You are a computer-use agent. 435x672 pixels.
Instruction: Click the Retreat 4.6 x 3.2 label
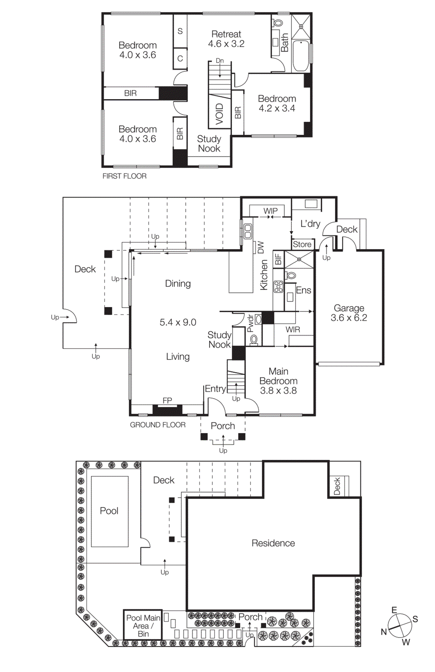(x=226, y=39)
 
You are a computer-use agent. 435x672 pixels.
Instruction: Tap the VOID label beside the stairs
(x=219, y=114)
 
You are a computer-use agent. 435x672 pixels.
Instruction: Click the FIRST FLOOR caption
(x=124, y=176)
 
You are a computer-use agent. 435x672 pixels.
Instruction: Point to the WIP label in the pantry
(x=270, y=211)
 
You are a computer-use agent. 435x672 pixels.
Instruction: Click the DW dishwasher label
(x=260, y=247)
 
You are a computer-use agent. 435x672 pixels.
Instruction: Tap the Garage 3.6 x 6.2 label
(x=349, y=313)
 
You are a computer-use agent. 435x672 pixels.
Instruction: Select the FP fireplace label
(x=167, y=400)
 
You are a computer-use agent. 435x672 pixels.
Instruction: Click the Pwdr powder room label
(x=250, y=323)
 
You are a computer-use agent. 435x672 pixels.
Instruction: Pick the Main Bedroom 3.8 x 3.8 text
(x=278, y=381)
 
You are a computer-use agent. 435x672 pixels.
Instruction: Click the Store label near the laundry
(x=302, y=244)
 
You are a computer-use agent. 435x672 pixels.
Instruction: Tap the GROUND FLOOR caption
(x=157, y=425)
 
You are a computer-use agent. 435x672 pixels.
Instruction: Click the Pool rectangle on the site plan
(x=110, y=511)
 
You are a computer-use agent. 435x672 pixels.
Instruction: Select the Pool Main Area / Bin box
(x=143, y=625)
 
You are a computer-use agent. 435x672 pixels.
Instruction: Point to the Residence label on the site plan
(x=273, y=543)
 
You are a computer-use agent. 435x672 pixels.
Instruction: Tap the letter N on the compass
(x=384, y=632)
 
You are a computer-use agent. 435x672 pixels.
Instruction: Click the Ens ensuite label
(x=303, y=290)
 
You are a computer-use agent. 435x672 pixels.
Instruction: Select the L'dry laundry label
(x=310, y=224)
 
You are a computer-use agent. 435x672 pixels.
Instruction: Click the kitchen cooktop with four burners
(x=278, y=287)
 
